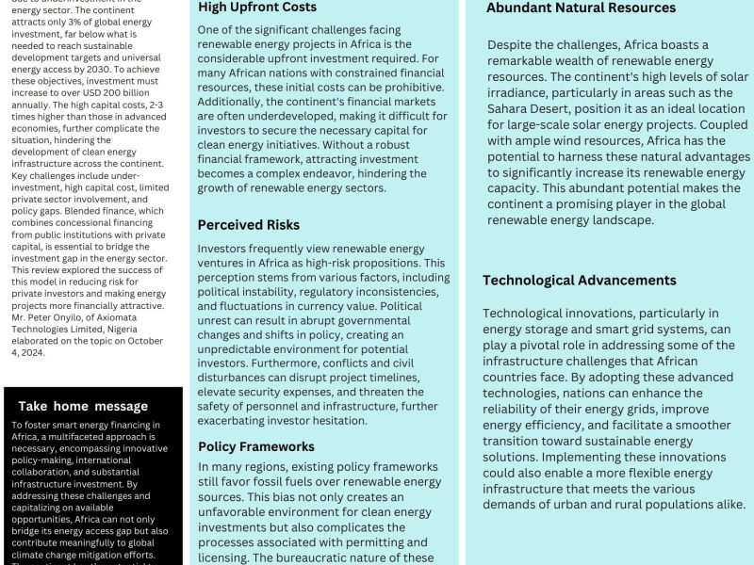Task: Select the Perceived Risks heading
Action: (249, 225)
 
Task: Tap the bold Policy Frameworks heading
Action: (256, 446)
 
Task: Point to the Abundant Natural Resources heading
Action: (581, 8)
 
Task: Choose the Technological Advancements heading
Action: (579, 281)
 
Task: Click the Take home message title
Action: (83, 407)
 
